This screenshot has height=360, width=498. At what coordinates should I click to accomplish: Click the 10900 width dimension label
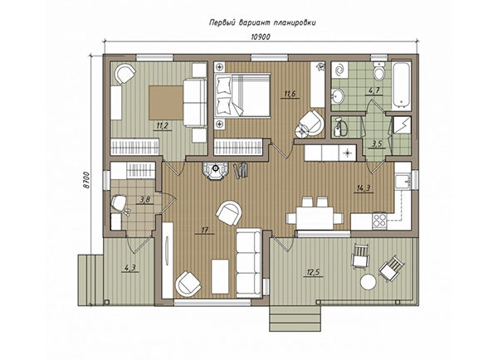tap(261, 36)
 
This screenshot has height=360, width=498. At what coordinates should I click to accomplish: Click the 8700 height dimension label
tap(87, 181)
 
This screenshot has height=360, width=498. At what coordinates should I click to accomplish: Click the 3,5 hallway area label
tap(377, 144)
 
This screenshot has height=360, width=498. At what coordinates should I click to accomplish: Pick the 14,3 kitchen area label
tap(364, 188)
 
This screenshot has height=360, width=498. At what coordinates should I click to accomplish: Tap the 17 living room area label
tap(204, 230)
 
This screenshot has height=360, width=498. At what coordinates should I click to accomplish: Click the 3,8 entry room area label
tap(144, 200)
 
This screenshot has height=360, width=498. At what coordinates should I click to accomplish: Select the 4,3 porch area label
tap(130, 268)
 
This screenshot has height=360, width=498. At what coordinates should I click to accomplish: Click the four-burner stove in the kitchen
tap(379, 220)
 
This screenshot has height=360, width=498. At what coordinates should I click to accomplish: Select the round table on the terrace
tap(369, 281)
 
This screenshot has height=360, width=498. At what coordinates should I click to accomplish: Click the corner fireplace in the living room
tap(216, 171)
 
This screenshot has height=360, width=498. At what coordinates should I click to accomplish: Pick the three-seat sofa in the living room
tap(248, 263)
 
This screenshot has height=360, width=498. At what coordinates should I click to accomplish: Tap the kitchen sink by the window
tap(402, 181)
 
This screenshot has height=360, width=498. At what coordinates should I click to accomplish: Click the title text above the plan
tap(262, 22)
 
